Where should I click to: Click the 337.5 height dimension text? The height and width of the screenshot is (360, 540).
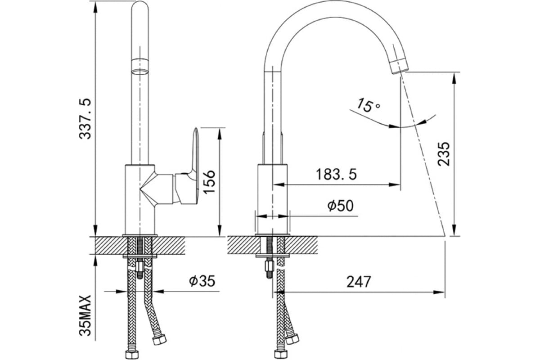tap(85, 119)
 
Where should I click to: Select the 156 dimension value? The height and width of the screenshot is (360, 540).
tap(209, 182)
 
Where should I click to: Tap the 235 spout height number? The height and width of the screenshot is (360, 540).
tap(444, 154)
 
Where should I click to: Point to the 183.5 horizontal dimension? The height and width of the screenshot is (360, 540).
tap(336, 174)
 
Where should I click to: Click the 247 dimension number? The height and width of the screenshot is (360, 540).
tap(359, 282)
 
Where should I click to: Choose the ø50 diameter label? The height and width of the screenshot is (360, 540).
tap(340, 206)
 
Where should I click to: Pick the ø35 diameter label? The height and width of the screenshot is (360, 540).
tap(202, 281)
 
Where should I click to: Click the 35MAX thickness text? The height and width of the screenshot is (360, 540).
tap(85, 315)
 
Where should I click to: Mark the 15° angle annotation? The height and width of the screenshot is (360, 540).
tap(368, 105)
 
